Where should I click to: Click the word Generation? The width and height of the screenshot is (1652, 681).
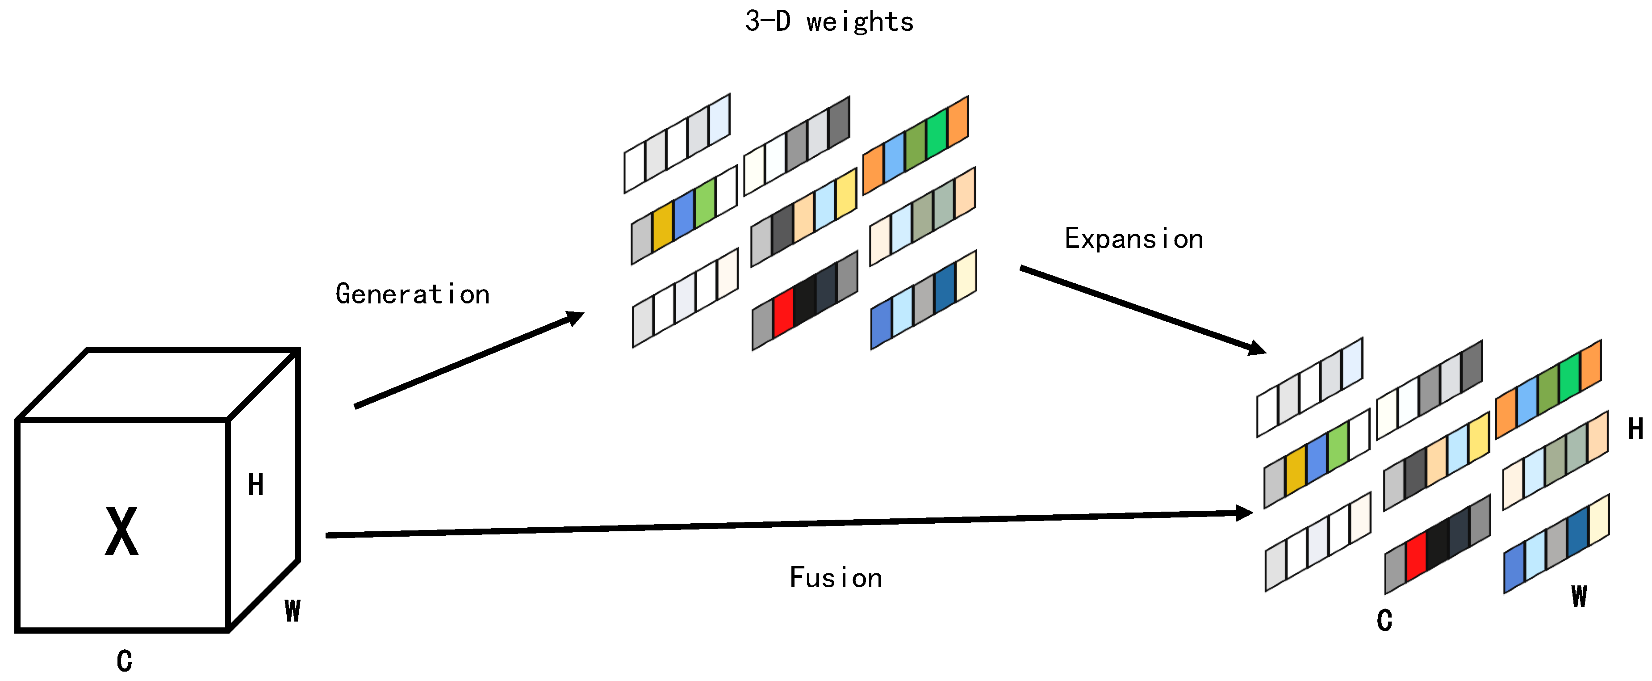(412, 294)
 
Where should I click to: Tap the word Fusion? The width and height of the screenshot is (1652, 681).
(835, 578)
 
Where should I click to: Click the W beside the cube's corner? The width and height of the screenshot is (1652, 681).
(293, 610)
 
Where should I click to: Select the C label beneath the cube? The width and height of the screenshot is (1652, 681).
(125, 660)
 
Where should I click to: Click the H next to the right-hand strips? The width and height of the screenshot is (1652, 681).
(1635, 429)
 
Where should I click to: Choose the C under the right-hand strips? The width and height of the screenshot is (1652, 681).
(1384, 620)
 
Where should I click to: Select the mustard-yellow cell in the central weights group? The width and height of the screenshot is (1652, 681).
(662, 227)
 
